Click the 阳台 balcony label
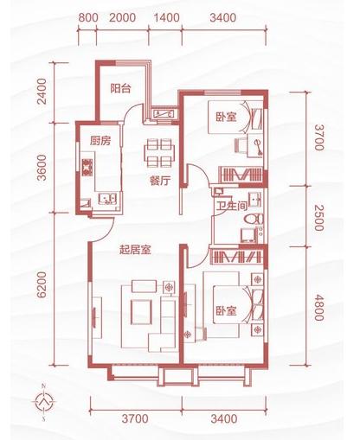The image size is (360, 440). tap(120, 87)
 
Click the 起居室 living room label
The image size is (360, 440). tap(136, 252)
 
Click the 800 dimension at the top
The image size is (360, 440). tap(86, 17)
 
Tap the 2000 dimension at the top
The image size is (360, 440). tap(123, 17)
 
